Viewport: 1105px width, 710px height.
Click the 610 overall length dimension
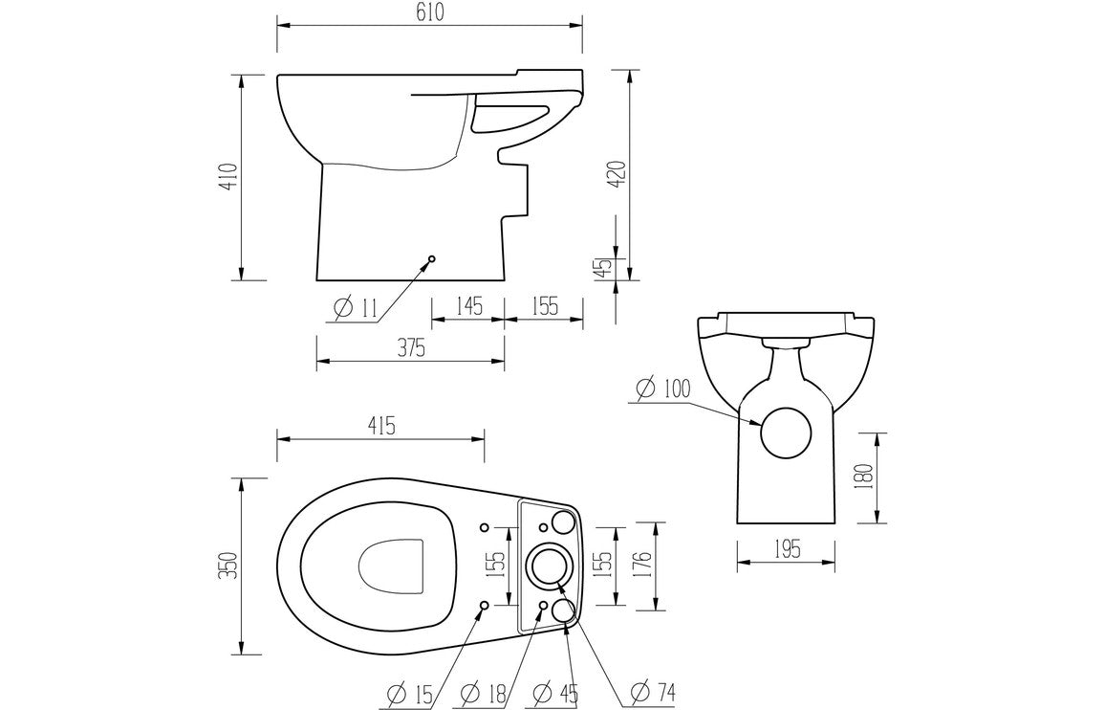429,12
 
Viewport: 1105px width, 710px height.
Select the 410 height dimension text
227,178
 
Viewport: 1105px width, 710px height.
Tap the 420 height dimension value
617,173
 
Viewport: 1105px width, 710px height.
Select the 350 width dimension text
227,565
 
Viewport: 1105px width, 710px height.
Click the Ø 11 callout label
357,308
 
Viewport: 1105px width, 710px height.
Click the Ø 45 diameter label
555,693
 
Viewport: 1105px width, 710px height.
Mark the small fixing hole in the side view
431,258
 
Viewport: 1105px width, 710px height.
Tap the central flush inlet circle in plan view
549,565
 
